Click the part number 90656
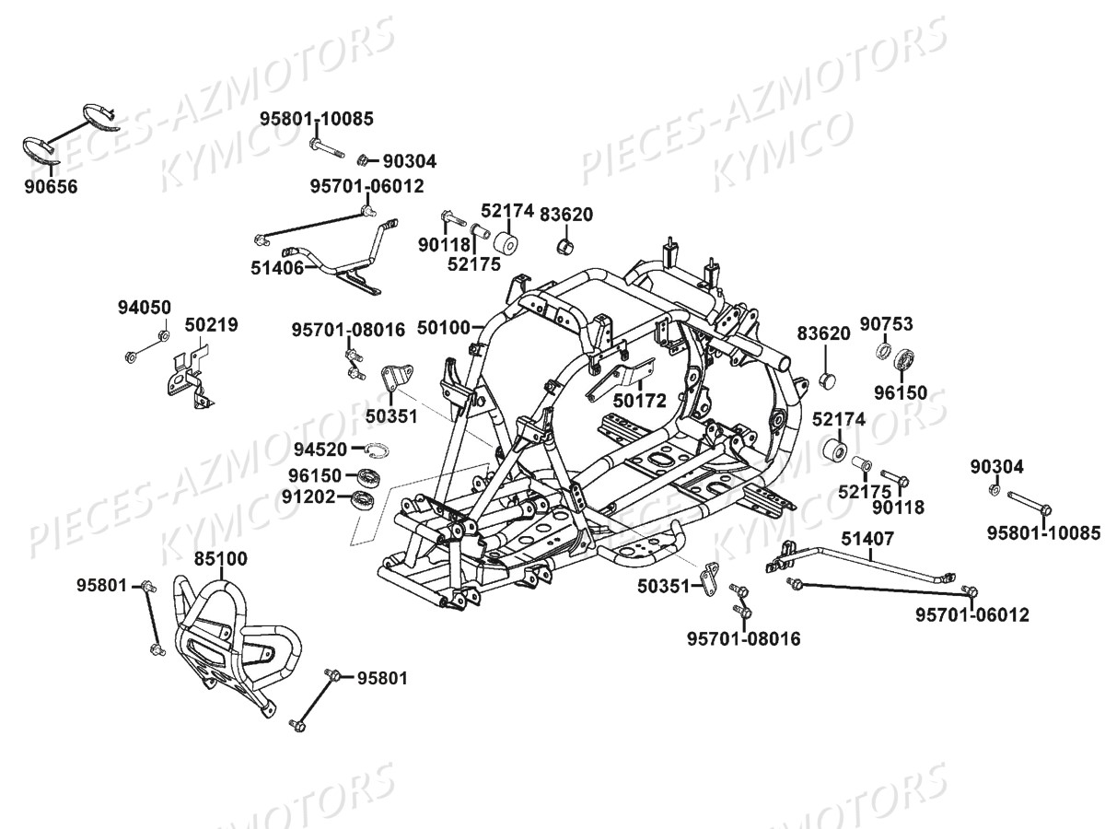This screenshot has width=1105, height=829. coord(52,187)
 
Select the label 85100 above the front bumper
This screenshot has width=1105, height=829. coord(220,558)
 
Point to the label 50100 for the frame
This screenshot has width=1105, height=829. coord(444,326)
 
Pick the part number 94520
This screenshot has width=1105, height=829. coord(320,450)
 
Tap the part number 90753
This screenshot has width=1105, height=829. coord(887,323)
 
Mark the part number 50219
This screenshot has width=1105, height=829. coord(211,325)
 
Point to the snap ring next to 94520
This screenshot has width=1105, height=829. coord(378,450)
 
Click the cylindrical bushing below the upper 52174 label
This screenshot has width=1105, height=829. coord(505,246)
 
